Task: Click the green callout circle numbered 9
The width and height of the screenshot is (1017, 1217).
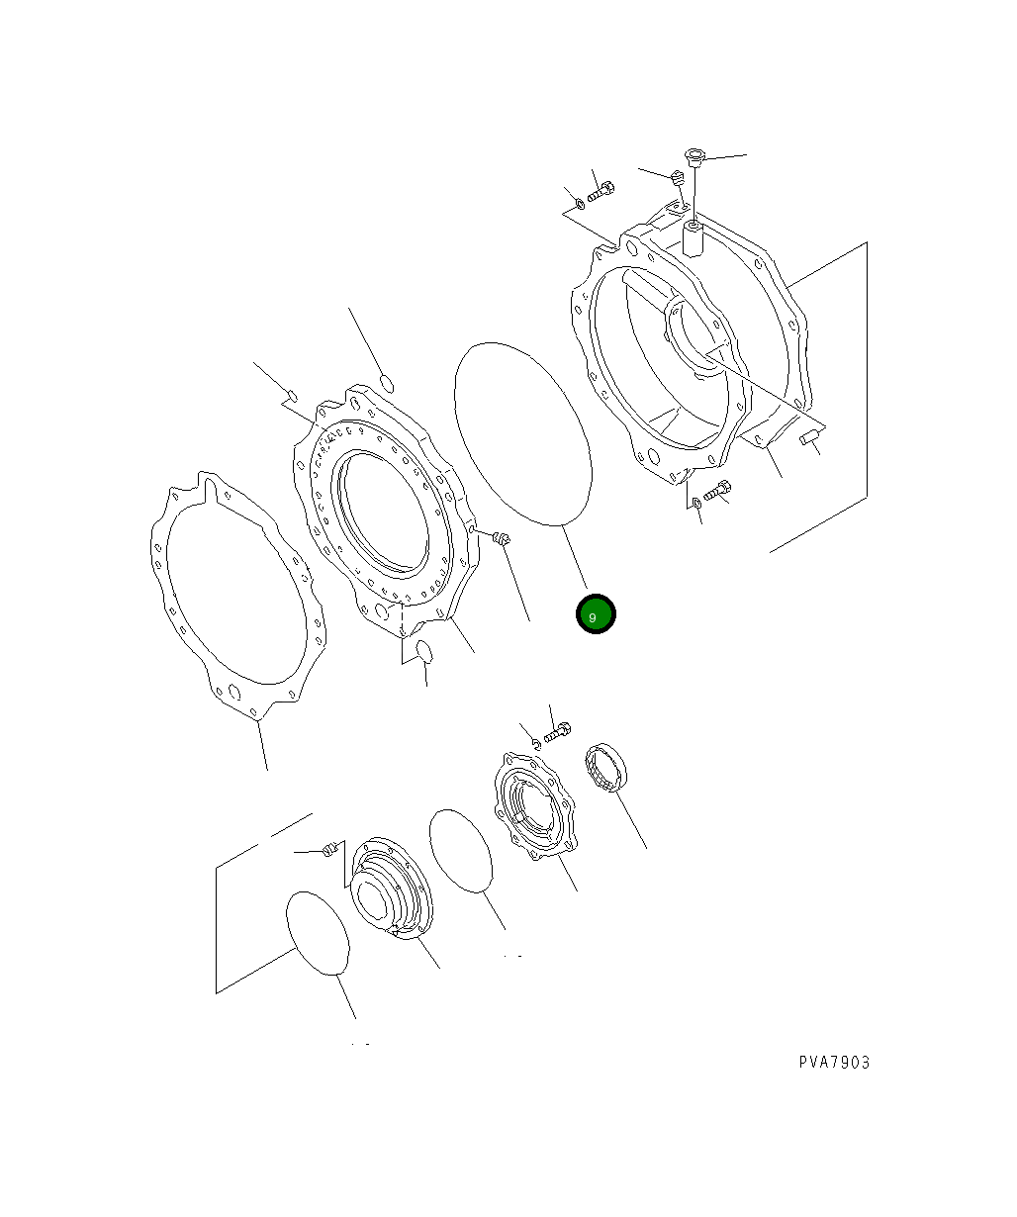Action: [596, 614]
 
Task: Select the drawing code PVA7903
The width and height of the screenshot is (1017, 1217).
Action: [834, 1063]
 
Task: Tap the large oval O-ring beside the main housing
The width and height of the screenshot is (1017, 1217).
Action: [523, 432]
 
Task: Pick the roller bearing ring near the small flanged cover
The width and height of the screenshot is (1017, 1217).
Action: [607, 767]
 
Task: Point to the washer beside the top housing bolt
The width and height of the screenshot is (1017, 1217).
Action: [579, 205]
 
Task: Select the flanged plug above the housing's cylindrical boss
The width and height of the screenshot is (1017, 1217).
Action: [694, 157]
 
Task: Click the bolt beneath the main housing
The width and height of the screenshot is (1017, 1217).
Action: [717, 490]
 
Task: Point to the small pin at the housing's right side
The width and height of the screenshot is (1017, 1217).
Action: [810, 435]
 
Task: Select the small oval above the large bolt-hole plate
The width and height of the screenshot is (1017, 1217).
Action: [388, 382]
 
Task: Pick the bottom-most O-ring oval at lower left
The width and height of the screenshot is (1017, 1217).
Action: [318, 934]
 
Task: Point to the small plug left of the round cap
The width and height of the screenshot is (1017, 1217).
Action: [331, 849]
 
